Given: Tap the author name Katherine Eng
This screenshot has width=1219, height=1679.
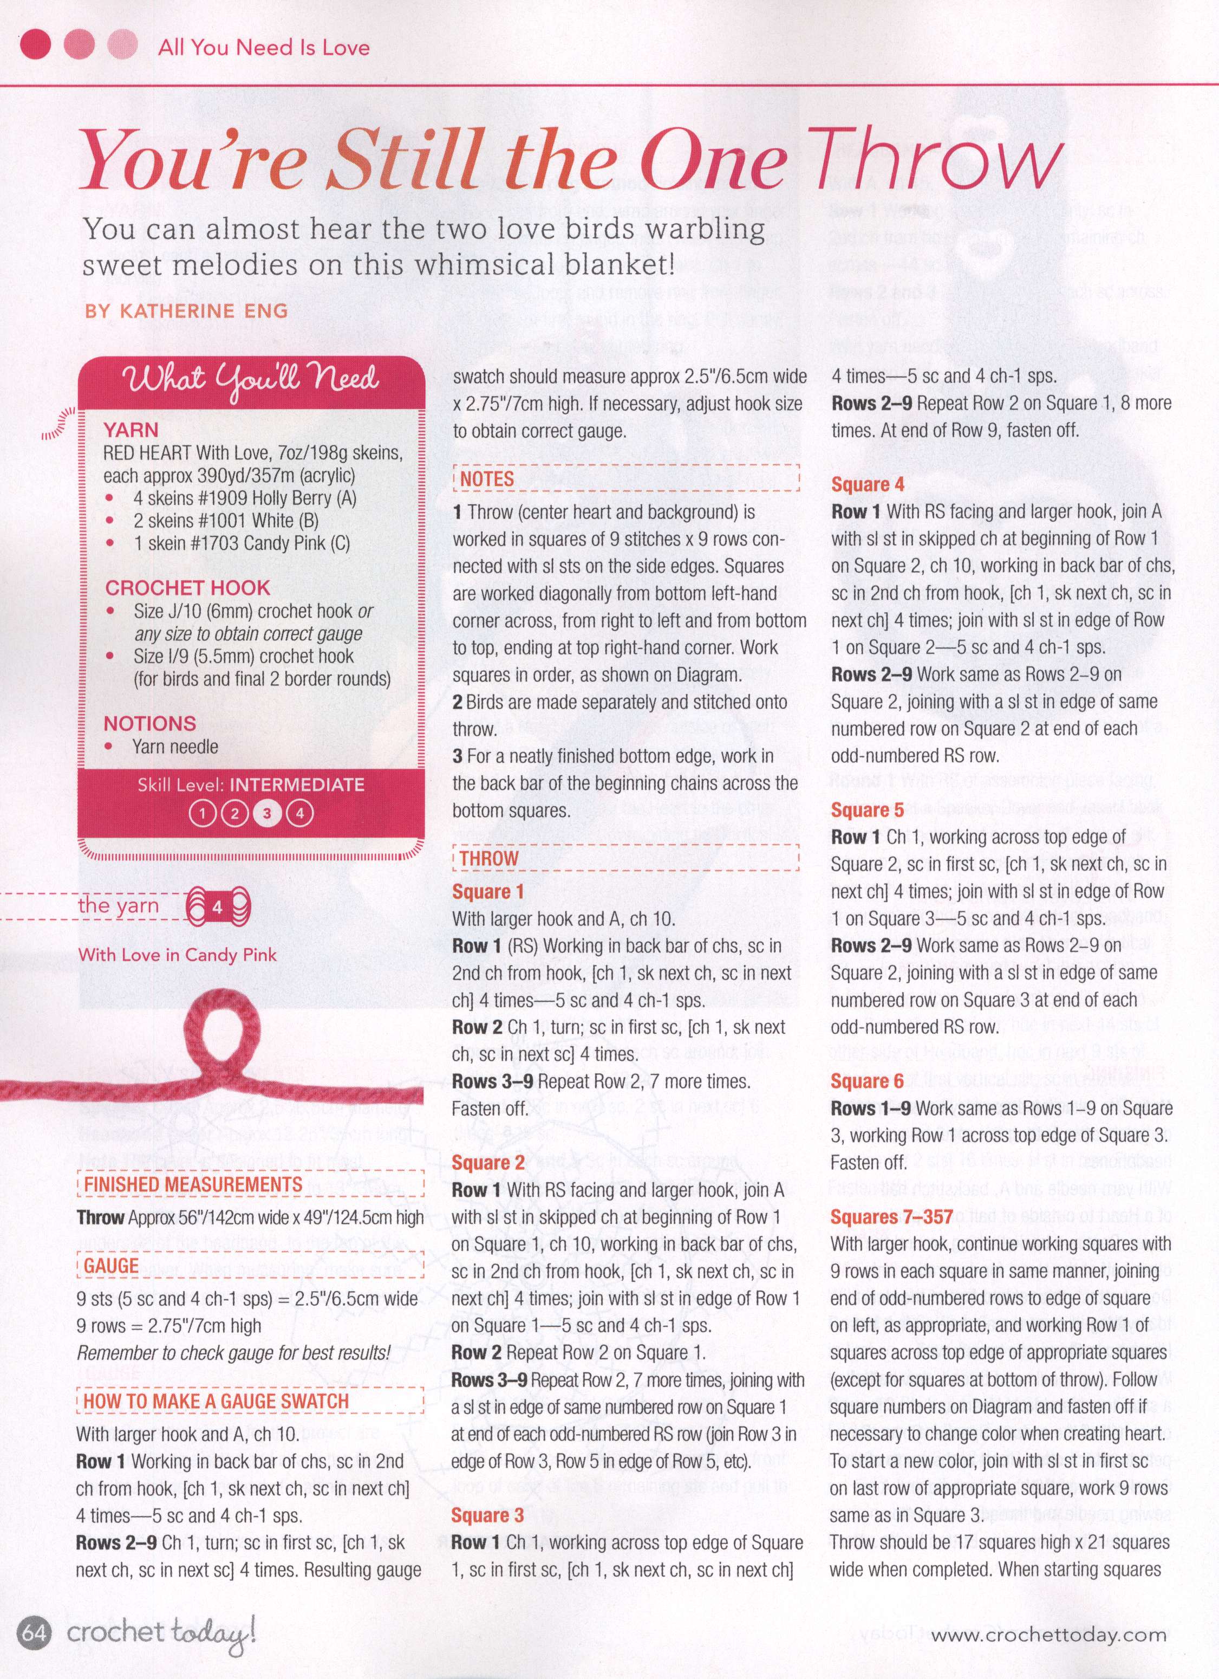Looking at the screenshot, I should (x=186, y=310).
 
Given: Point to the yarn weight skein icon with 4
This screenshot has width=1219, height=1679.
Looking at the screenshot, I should (x=218, y=906).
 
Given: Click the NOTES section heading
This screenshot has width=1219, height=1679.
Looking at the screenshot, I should (x=487, y=479).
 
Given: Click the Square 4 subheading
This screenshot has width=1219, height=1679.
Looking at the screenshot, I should (x=868, y=485).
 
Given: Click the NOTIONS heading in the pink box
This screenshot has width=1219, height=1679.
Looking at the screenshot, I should (x=149, y=723).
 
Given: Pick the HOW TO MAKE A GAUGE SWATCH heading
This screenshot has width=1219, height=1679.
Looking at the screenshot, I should (x=216, y=1402).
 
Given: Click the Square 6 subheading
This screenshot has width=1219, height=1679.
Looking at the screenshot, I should (x=868, y=1081).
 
